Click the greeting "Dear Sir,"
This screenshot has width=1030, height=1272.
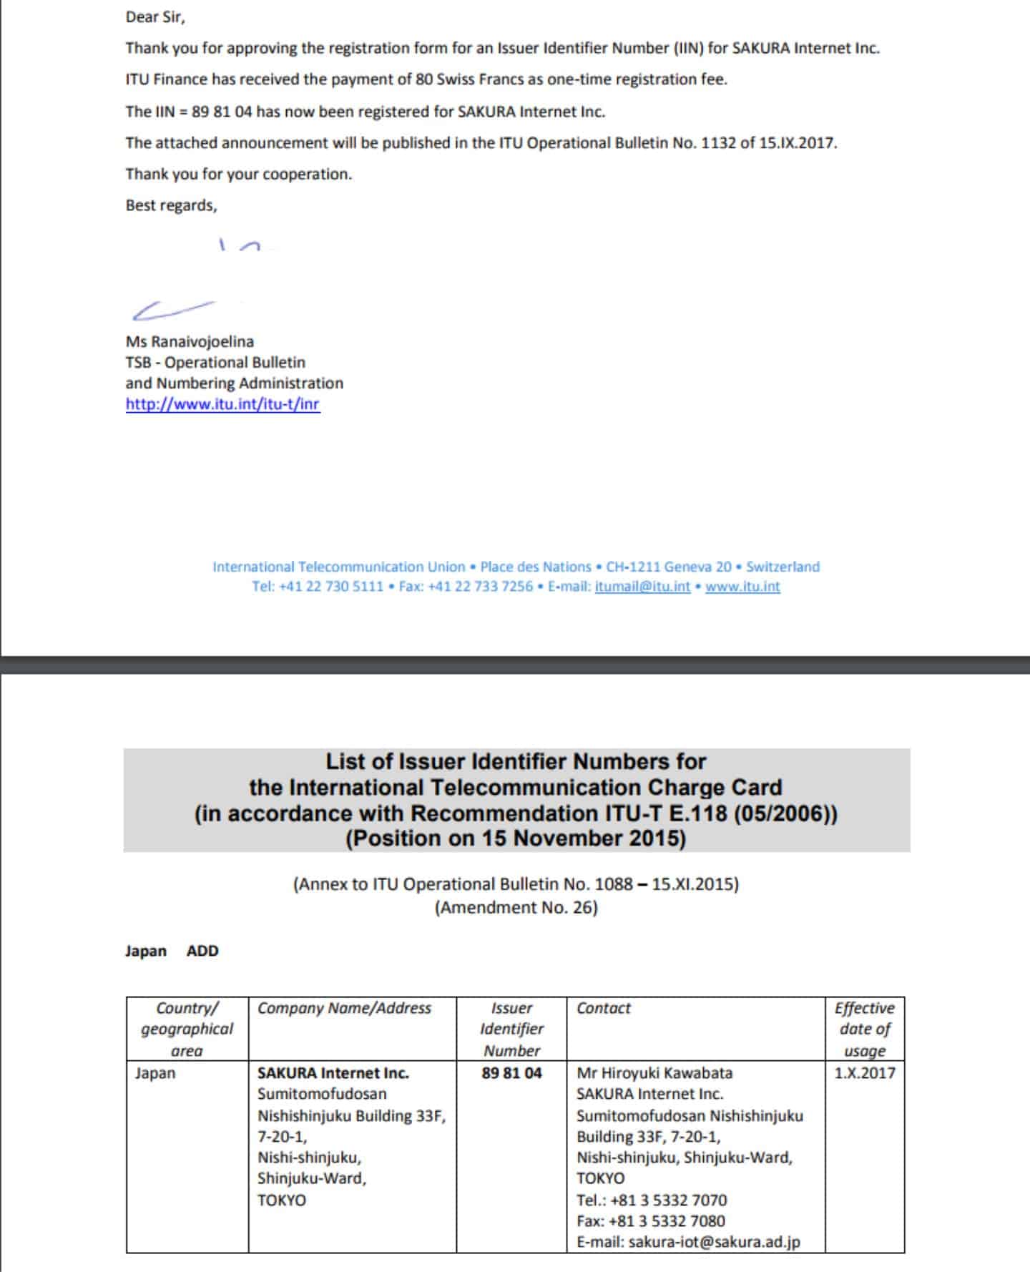[154, 17]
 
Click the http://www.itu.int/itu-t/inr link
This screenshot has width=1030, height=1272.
[222, 404]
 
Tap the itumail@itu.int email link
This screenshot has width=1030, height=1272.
[642, 587]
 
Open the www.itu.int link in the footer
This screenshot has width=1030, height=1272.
[742, 587]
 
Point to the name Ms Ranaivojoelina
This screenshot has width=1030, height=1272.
[190, 341]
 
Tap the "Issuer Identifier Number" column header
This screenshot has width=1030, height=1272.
[511, 1029]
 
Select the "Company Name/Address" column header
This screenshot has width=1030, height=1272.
[344, 1008]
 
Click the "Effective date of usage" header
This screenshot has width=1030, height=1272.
[864, 1029]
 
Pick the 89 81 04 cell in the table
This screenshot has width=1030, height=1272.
[511, 1073]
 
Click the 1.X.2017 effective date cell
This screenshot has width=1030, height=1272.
[864, 1073]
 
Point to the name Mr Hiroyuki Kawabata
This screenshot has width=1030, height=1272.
[654, 1073]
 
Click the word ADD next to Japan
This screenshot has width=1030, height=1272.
[202, 951]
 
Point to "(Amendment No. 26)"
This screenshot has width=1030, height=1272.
[516, 908]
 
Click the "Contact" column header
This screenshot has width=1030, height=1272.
[604, 1008]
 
